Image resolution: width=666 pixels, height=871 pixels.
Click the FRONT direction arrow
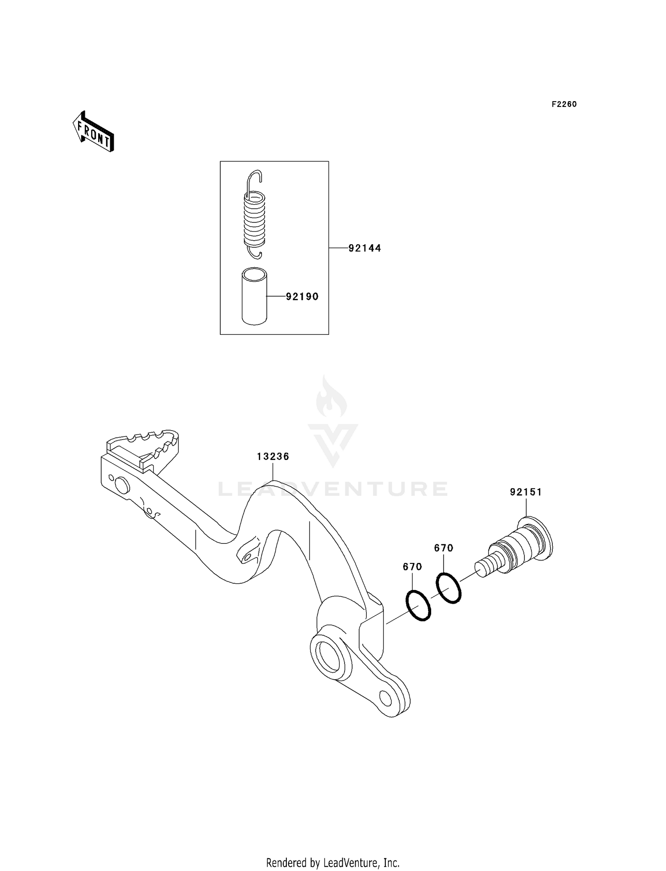tap(94, 132)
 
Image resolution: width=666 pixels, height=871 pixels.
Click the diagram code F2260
tap(564, 104)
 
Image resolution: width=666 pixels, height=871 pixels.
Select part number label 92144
tap(365, 248)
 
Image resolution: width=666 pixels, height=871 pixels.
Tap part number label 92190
tap(302, 297)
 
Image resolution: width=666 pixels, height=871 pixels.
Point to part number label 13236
tap(273, 456)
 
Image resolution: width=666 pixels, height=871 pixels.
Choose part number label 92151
tap(526, 492)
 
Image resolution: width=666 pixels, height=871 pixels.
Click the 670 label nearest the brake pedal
tap(412, 567)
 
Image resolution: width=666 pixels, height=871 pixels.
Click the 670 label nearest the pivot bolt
tap(444, 548)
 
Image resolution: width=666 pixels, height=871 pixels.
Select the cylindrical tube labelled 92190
tap(254, 296)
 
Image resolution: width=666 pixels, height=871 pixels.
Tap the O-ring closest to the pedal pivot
tap(418, 606)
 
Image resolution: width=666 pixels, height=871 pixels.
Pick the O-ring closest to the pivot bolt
tap(449, 588)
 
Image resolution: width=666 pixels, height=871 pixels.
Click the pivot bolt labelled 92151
tap(517, 550)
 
